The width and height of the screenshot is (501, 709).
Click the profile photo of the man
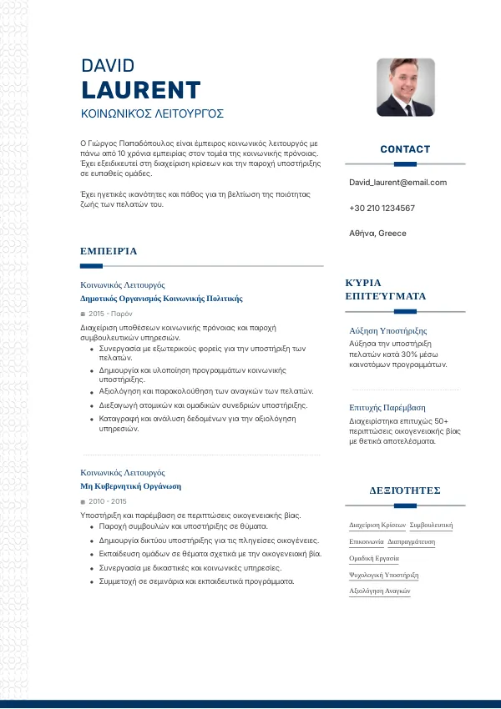(405, 87)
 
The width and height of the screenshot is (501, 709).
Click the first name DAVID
(108, 66)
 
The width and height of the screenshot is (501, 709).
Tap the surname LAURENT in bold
(141, 90)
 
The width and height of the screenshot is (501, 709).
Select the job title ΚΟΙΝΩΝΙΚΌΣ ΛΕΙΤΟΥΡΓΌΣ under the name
(152, 113)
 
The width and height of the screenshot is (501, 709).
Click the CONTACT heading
(405, 149)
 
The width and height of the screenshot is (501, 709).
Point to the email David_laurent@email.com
(397, 182)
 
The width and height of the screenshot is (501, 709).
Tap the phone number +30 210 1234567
(382, 208)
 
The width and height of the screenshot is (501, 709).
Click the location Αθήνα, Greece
(377, 234)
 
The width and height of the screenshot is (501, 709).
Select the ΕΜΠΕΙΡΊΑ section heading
(109, 250)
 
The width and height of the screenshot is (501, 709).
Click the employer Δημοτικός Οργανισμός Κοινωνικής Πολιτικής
(161, 298)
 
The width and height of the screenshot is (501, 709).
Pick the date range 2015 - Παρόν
(110, 314)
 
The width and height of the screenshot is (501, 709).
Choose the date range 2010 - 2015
(107, 501)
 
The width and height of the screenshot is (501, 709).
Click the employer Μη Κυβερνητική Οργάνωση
(130, 485)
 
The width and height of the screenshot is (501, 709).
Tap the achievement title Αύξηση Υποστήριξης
(387, 331)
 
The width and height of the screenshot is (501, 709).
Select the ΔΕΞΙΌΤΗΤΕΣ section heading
(405, 490)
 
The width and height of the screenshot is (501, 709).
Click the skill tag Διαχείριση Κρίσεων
(377, 525)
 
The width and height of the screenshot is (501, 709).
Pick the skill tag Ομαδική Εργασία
(374, 558)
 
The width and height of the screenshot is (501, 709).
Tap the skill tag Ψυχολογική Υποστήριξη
(383, 575)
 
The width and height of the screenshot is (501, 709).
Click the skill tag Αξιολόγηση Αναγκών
(379, 591)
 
